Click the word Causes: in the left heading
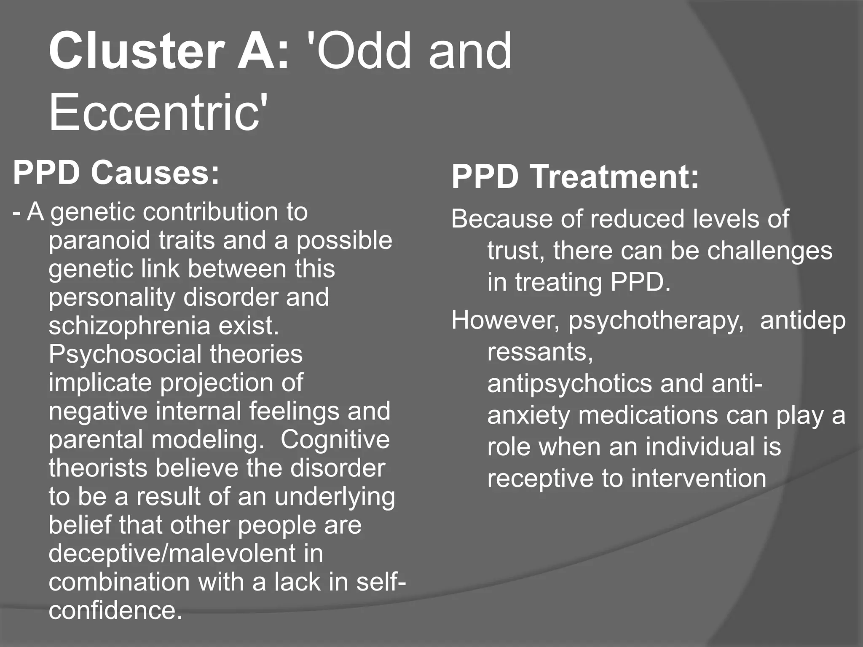[x=155, y=173]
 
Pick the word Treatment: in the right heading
[x=614, y=177]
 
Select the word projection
[x=218, y=383]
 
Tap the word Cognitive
[x=335, y=439]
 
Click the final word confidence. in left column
[x=115, y=610]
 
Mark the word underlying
[x=335, y=497]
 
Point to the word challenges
[x=769, y=251]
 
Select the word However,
[x=506, y=321]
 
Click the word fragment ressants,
[x=540, y=352]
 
